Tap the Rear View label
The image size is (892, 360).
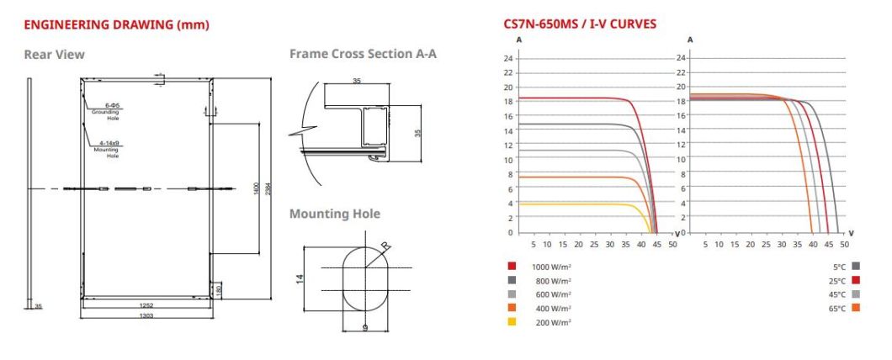54,55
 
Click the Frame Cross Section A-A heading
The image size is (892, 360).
363,54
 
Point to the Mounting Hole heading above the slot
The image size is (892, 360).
334,214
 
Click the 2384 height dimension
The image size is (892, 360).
268,189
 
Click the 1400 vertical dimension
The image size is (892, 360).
256,189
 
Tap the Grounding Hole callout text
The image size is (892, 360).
106,114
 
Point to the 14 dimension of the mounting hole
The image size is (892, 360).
300,278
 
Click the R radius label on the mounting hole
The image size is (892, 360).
385,246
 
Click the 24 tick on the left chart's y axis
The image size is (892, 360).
507,58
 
